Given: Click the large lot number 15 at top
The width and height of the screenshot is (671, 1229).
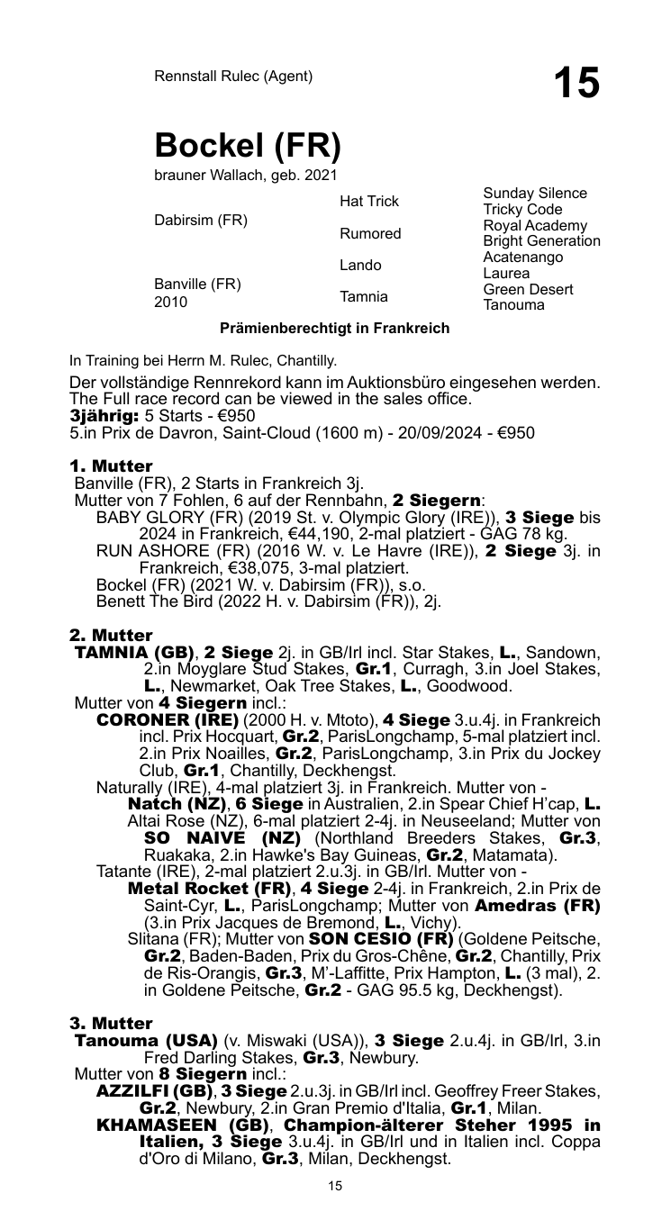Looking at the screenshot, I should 576,83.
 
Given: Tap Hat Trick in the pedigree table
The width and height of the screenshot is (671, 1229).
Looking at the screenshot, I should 369,201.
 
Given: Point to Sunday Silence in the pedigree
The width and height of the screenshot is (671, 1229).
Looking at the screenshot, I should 535,193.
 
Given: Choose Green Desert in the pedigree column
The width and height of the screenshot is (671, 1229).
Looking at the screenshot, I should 528,290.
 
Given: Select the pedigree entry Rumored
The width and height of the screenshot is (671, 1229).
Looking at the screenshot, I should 369,233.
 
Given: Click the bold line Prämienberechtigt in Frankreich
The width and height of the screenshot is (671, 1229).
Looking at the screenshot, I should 335,328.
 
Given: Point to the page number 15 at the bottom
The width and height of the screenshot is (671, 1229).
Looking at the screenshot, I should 335,1186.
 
